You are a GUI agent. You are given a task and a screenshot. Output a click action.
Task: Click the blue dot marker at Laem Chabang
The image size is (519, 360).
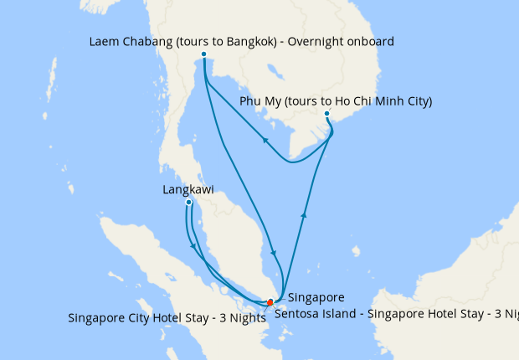(x=203, y=54)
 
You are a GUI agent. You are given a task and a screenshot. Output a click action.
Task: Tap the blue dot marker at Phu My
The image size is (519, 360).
(x=326, y=114)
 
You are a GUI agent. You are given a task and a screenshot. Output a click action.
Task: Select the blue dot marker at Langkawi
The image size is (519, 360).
(x=189, y=203)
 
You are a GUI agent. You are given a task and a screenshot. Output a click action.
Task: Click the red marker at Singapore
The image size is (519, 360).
(x=270, y=302)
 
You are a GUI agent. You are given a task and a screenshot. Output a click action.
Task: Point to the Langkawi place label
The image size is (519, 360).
(x=188, y=190)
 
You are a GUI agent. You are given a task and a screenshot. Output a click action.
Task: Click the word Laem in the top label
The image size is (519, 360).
(x=102, y=41)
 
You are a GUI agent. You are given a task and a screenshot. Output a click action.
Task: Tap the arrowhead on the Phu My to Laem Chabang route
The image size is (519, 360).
(x=265, y=141)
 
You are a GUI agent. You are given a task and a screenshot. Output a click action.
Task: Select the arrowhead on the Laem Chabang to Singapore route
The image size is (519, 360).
(x=274, y=252)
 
